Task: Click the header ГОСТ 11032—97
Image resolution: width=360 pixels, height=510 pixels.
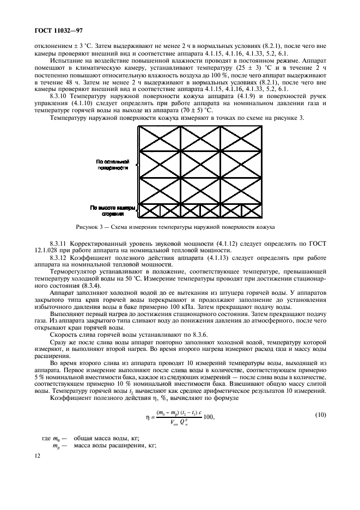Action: [x=50, y=34]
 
